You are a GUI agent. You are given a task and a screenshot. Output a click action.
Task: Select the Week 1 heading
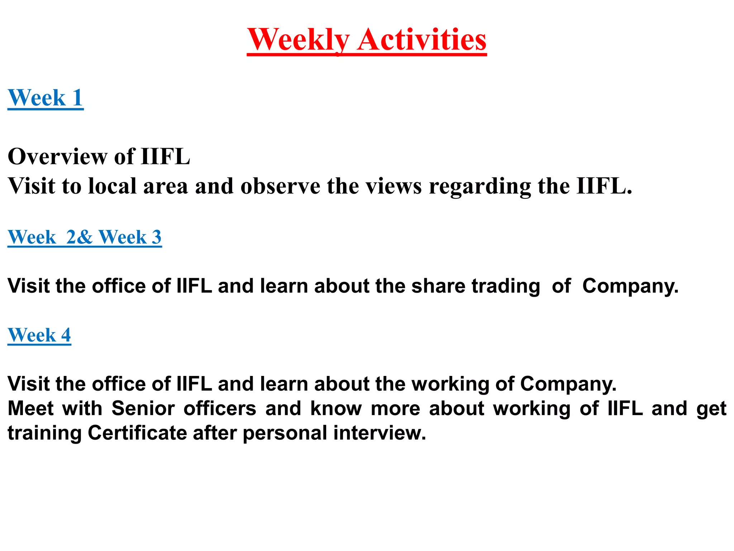pos(46,98)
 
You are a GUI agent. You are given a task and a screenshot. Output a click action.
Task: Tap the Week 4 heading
pos(39,335)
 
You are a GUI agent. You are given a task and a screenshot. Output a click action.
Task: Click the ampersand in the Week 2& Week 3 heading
pos(85,237)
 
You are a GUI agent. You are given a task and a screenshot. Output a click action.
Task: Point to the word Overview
pos(57,157)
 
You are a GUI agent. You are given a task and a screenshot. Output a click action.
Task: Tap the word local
pos(113,186)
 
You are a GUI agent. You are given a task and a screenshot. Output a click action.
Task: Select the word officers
pos(220,408)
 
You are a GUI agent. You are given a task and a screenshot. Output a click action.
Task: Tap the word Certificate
pos(137,433)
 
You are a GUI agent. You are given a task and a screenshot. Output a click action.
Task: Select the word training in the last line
pos(45,433)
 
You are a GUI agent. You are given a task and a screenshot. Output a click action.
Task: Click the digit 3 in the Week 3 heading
pos(157,237)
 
